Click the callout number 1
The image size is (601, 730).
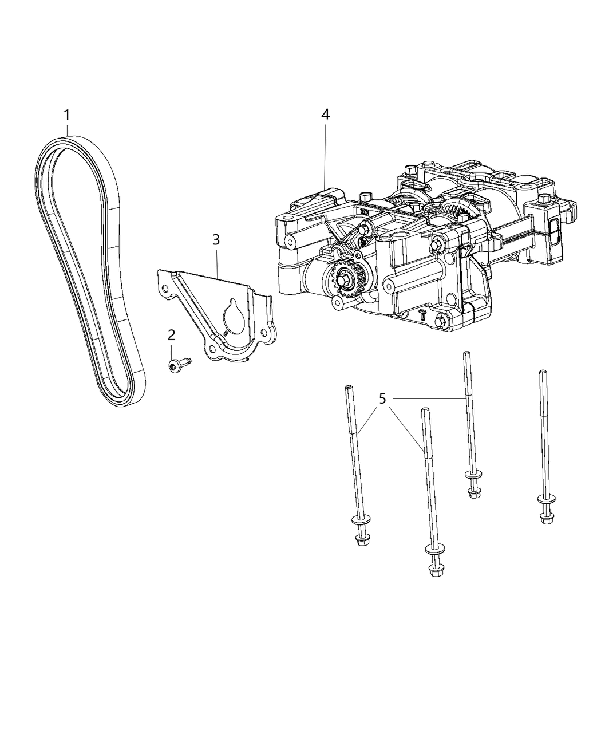point(67,115)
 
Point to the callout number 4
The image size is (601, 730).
point(325,114)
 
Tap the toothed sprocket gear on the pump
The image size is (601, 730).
point(347,281)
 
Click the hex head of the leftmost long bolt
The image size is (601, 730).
point(361,539)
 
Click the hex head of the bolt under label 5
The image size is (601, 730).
point(473,493)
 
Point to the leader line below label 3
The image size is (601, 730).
point(218,263)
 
